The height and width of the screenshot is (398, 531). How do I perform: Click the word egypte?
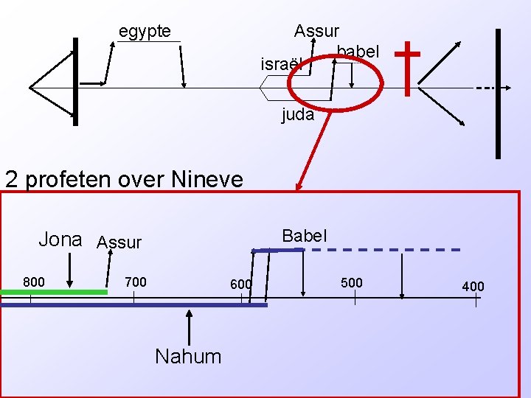pos(145,32)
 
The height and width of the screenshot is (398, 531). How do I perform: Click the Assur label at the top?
pos(316,31)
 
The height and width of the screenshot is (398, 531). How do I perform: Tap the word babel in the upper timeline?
pos(358,52)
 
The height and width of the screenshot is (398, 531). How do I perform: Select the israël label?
pos(282,65)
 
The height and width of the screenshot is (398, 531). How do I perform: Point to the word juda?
pos(298,115)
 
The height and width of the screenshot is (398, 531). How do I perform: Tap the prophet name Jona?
pos(60,240)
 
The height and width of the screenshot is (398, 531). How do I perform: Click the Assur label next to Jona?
pos(119,242)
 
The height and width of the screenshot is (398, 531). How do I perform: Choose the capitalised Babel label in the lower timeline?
pos(305,236)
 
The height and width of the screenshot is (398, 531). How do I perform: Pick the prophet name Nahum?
pos(188,357)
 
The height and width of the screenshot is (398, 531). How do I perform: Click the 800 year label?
pos(33,282)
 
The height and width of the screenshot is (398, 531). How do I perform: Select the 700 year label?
pos(135,282)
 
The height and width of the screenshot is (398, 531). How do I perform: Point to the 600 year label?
pos(240,284)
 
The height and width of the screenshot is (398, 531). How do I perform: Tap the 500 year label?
pos(351,282)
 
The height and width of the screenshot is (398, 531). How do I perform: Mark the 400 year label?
pos(473,285)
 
